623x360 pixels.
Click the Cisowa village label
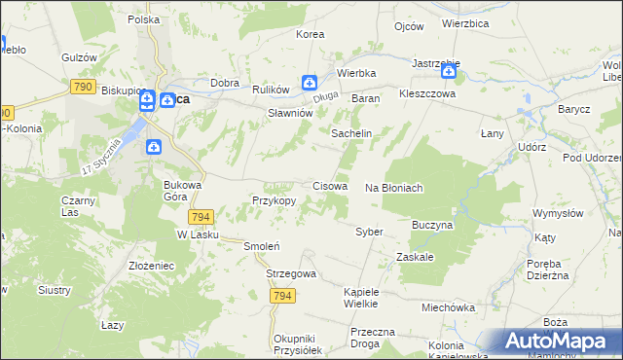(330, 186)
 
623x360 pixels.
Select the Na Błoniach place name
(393, 188)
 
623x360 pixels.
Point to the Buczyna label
(433, 224)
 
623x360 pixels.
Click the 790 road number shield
(82, 87)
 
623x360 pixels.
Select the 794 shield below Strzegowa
(282, 296)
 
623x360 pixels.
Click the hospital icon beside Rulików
(309, 83)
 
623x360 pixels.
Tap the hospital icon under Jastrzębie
(449, 71)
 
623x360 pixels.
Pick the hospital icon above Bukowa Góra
(153, 147)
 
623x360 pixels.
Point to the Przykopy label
(274, 200)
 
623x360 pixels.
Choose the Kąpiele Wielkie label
(368, 298)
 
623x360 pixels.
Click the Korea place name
(310, 34)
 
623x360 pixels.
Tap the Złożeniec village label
(151, 264)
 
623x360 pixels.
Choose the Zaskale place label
(415, 257)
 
